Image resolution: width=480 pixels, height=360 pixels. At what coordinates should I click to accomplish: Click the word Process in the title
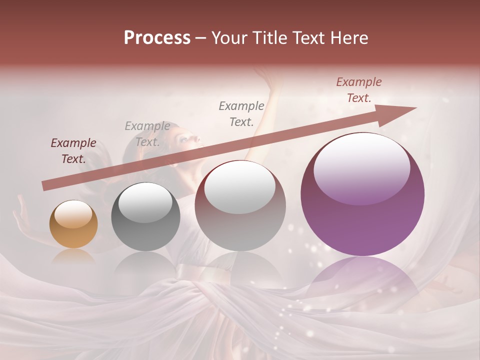pyautogui.click(x=157, y=38)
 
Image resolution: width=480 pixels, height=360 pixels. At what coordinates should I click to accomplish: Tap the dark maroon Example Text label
pyautogui.click(x=73, y=151)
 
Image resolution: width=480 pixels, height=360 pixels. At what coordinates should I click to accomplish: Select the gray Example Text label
pyautogui.click(x=147, y=134)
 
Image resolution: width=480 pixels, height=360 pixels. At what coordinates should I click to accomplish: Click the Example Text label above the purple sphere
pyautogui.click(x=358, y=90)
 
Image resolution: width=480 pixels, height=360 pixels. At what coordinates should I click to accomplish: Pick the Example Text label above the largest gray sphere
pyautogui.click(x=241, y=113)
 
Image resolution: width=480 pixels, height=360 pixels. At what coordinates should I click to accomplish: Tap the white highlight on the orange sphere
pyautogui.click(x=73, y=214)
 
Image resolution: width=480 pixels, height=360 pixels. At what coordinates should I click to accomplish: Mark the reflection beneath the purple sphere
pyautogui.click(x=362, y=280)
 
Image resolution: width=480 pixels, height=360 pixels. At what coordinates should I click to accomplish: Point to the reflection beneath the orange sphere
pyautogui.click(x=73, y=256)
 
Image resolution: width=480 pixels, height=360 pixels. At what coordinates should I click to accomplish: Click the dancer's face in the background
pyautogui.click(x=187, y=138)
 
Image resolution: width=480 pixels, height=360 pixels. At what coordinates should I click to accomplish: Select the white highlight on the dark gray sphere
pyautogui.click(x=145, y=202)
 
